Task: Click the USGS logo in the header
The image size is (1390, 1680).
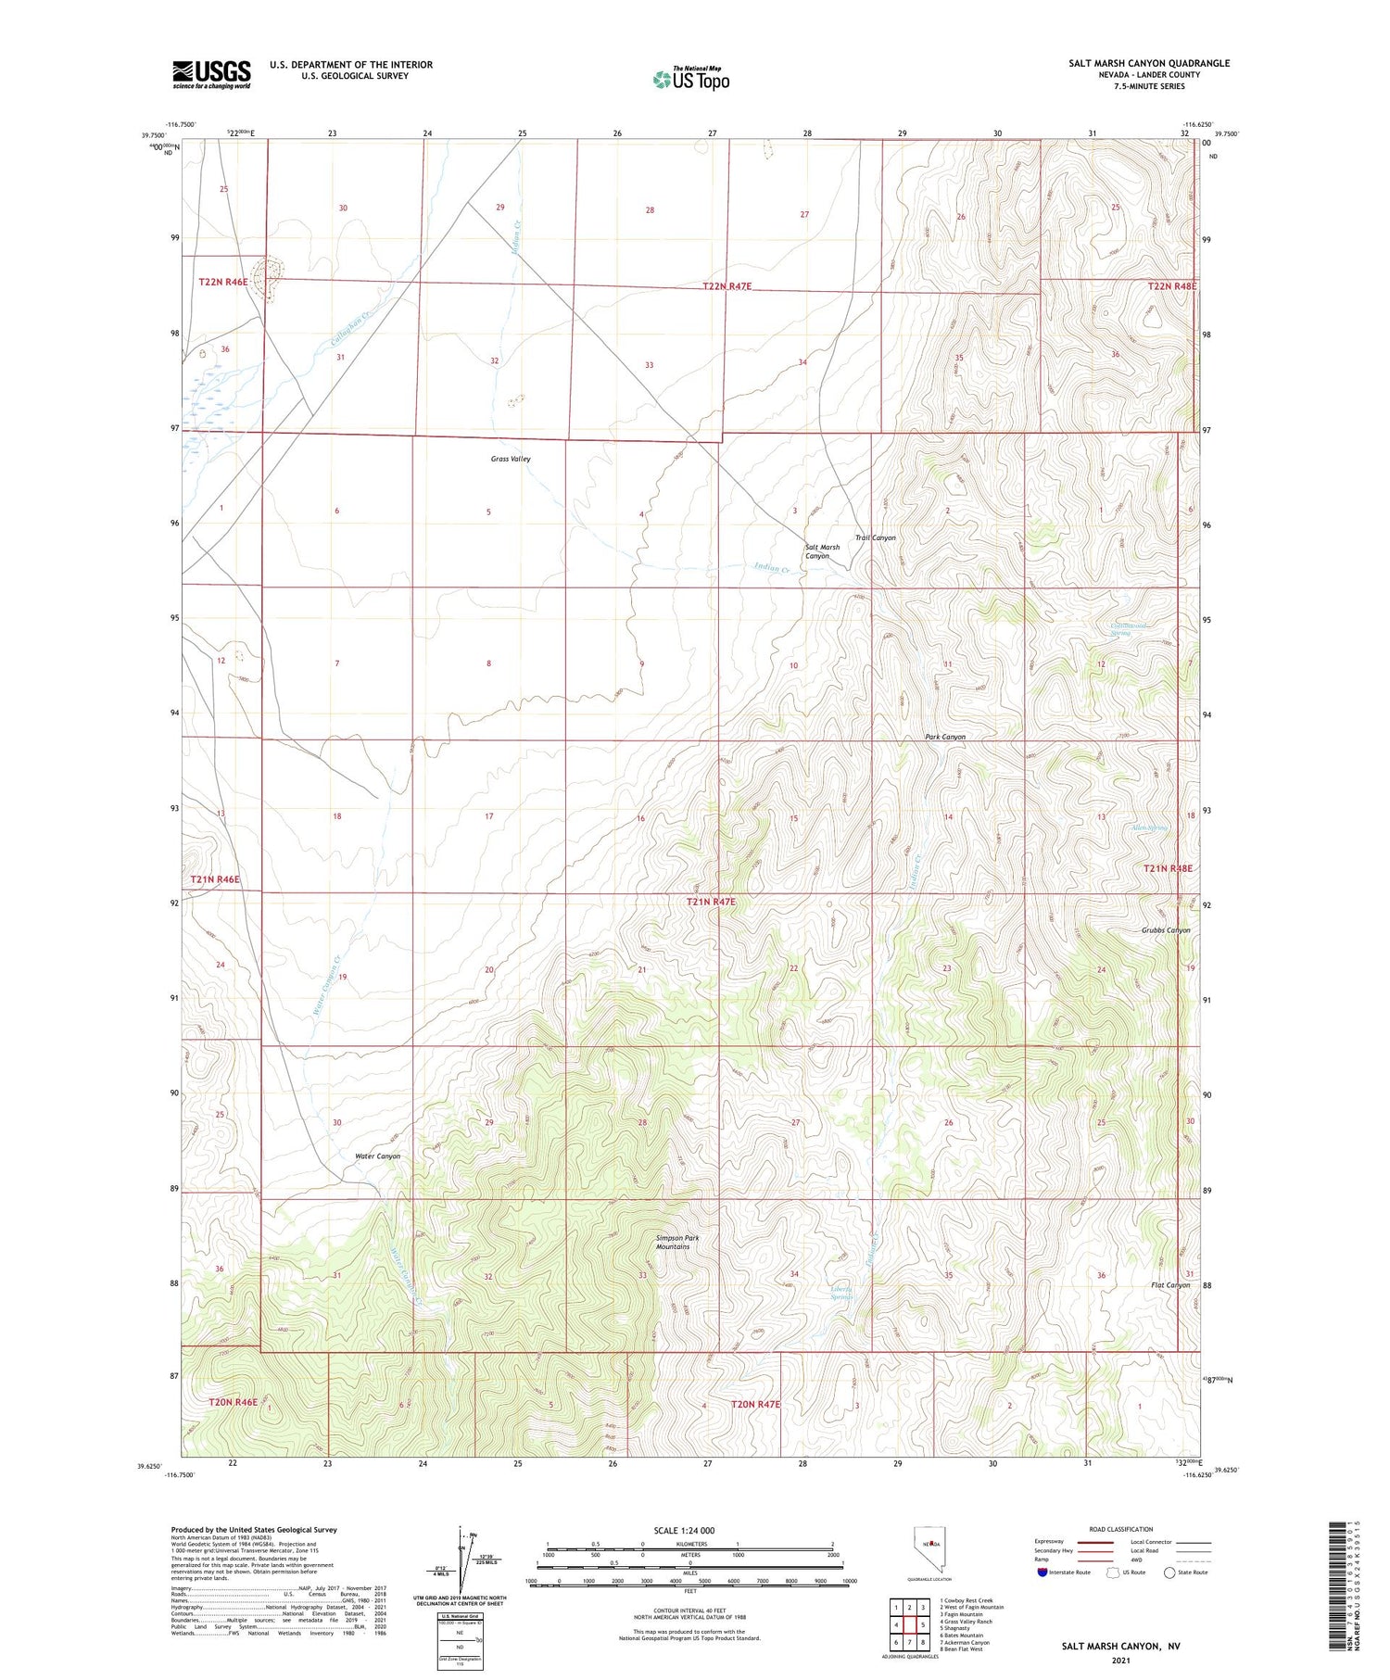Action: pyautogui.click(x=211, y=74)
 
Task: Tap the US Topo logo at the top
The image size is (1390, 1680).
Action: pyautogui.click(x=690, y=80)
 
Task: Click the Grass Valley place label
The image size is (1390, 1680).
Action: pyautogui.click(x=511, y=459)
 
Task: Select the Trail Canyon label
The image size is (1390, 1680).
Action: pyautogui.click(x=875, y=537)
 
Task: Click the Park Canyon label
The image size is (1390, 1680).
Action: pyautogui.click(x=944, y=737)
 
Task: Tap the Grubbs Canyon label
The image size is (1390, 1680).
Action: pyautogui.click(x=1165, y=929)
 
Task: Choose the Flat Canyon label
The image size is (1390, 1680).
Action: pyautogui.click(x=1169, y=1285)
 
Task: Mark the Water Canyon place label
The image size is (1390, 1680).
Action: pyautogui.click(x=377, y=1156)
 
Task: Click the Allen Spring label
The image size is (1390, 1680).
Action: pyautogui.click(x=1148, y=827)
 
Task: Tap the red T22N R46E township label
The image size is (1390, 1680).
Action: pyautogui.click(x=222, y=282)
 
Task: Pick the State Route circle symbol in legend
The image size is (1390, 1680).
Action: pyautogui.click(x=1169, y=1573)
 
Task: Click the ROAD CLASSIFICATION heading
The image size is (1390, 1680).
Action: pyautogui.click(x=1121, y=1529)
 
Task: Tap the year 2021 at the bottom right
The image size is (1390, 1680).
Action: pyautogui.click(x=1120, y=1661)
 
